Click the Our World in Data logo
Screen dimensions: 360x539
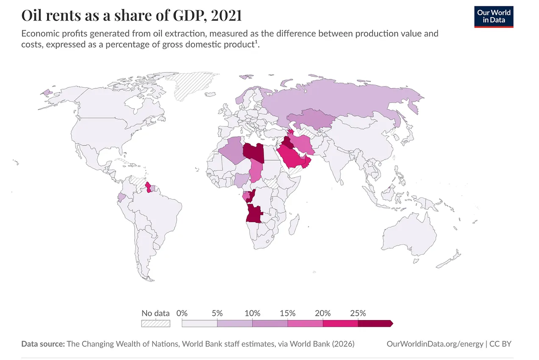(x=494, y=16)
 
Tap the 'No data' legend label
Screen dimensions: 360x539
(x=156, y=313)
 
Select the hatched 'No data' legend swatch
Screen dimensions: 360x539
(x=156, y=324)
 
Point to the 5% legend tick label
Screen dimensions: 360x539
(x=217, y=313)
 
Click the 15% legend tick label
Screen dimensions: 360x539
(x=287, y=313)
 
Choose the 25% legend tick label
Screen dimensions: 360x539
(x=358, y=313)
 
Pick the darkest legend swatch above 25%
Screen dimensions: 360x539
(x=375, y=324)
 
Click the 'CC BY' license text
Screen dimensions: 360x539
(x=500, y=344)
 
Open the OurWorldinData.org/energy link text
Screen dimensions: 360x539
(x=435, y=344)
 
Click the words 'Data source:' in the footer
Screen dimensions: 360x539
(x=42, y=344)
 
